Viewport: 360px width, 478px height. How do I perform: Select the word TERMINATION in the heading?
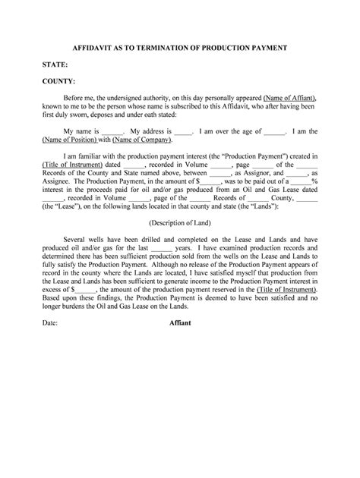click(169, 48)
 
